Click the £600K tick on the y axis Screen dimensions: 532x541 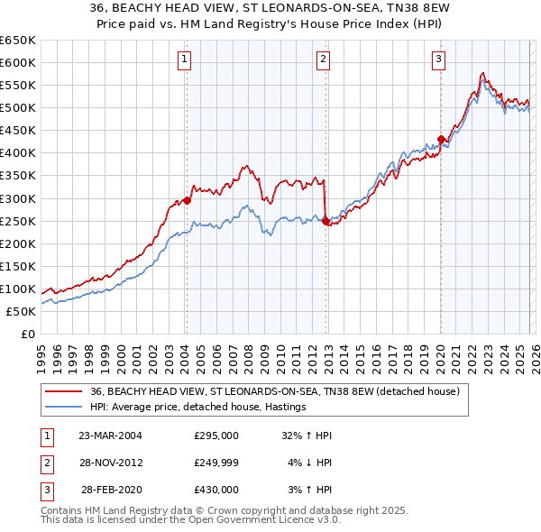click(18, 62)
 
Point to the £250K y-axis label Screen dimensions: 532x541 click(18, 221)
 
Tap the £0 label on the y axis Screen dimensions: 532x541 click(27, 334)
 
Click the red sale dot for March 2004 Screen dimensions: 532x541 click(187, 200)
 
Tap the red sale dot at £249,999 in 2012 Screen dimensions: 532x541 click(326, 221)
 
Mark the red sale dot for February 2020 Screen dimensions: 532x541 click(441, 139)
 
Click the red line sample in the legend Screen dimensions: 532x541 click(63, 391)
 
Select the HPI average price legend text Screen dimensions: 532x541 click(198, 407)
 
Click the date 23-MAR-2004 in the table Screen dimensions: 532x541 click(110, 435)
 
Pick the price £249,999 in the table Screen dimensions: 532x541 click(216, 462)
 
